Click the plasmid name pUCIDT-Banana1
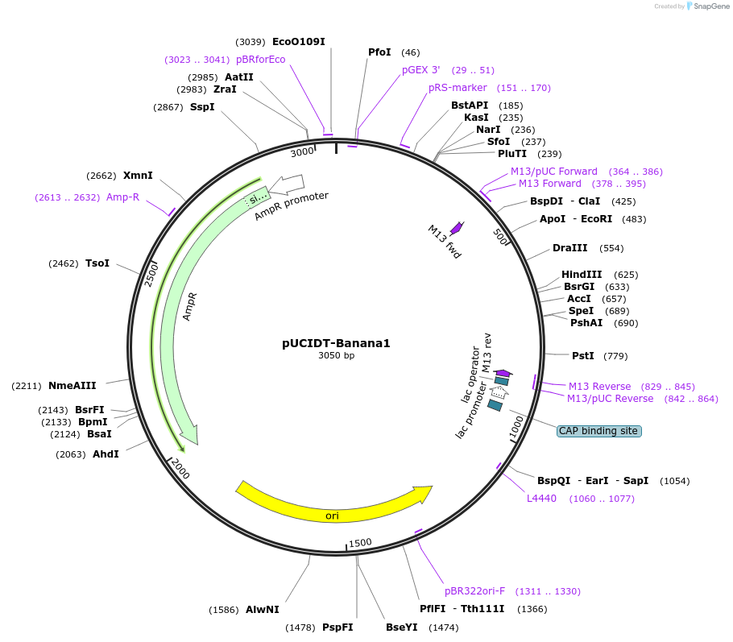(x=336, y=342)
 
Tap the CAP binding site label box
(x=598, y=431)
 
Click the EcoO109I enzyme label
(x=299, y=42)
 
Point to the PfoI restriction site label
(x=379, y=52)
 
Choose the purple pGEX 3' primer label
(x=421, y=70)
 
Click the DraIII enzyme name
(x=570, y=247)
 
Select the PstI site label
(x=582, y=355)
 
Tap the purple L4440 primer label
(x=541, y=499)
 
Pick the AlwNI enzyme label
(x=263, y=610)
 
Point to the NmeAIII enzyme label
(x=72, y=386)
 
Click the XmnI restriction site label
(x=138, y=176)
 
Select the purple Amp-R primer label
(x=122, y=197)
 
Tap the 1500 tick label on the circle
(x=360, y=542)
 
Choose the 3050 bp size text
(x=336, y=355)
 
